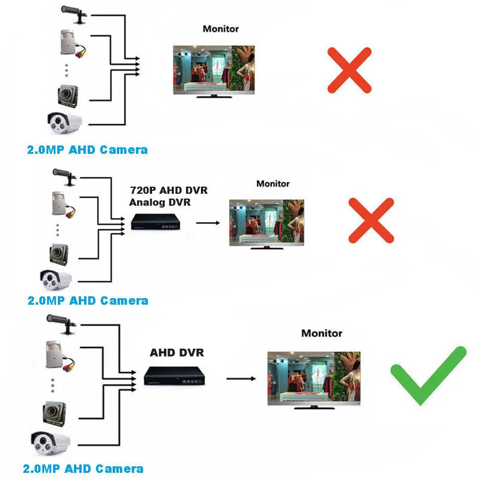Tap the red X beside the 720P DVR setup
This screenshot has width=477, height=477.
coord(371,221)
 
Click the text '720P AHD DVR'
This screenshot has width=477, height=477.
coord(168,191)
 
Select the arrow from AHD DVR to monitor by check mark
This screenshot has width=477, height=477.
coord(241,378)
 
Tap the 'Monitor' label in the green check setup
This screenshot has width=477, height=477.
coord(321,333)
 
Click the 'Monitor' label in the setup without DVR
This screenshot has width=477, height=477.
coord(221,29)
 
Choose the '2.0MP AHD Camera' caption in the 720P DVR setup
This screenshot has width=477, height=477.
coord(88,301)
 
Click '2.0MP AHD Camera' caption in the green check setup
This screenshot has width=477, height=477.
coord(83,469)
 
